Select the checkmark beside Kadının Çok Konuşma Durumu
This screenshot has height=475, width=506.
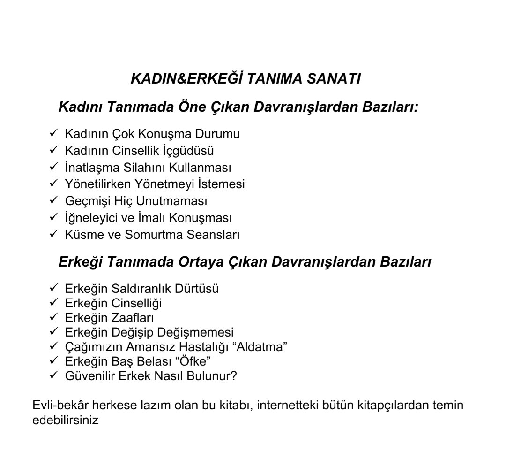click(x=53, y=133)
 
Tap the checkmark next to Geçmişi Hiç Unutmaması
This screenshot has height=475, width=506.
click(x=53, y=200)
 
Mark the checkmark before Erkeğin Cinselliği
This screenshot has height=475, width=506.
click(x=53, y=303)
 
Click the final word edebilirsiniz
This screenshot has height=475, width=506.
click(x=66, y=420)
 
